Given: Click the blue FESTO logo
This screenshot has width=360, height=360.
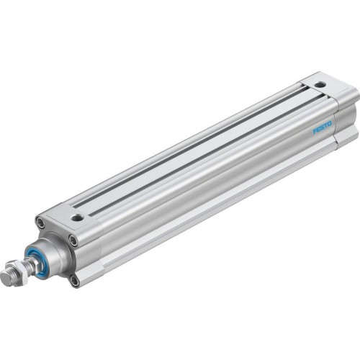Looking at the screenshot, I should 322,127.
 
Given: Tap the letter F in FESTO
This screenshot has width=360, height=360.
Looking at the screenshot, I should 315,132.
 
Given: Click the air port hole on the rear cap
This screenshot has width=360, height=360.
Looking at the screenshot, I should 320,85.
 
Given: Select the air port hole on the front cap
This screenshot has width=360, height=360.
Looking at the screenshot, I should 76,216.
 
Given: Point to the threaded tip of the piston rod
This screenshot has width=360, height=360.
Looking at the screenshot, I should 8,276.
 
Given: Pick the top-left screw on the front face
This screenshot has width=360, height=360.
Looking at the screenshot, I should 40,225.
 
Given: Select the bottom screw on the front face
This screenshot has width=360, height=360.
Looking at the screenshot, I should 74,279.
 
